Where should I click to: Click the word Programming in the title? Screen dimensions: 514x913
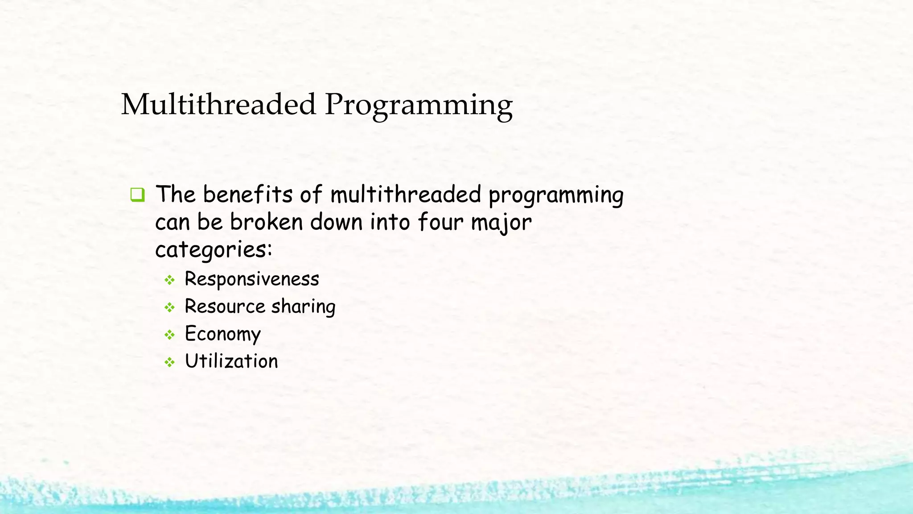419,106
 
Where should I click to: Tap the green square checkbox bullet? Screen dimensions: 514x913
137,195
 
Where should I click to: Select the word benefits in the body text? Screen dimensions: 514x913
248,195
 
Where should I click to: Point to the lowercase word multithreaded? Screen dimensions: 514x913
406,195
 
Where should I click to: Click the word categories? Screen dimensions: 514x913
214,249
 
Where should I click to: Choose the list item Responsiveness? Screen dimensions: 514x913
252,279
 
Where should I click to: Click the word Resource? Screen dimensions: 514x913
225,307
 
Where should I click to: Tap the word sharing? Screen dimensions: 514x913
303,307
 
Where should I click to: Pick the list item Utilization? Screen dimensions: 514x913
231,361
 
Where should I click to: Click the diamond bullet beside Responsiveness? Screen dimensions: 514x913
169,280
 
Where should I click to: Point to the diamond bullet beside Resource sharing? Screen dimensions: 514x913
169,307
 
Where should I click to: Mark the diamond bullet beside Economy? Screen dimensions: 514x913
169,335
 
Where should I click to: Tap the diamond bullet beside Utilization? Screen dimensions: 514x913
169,362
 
